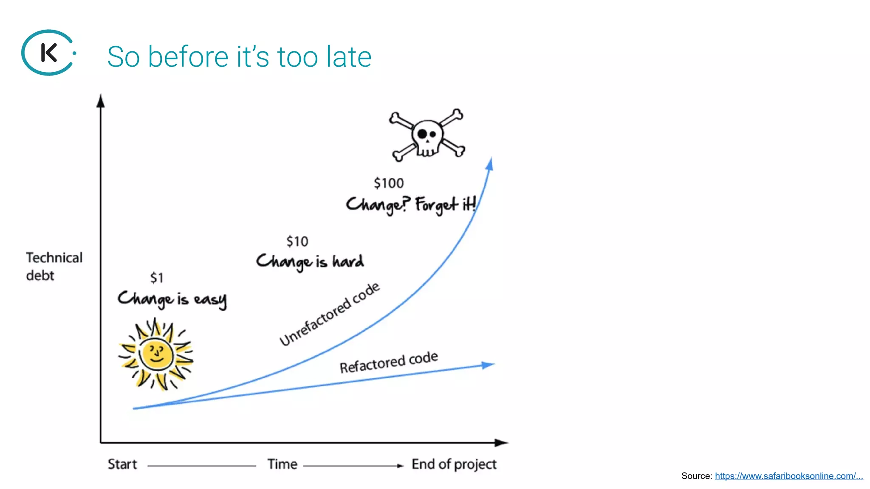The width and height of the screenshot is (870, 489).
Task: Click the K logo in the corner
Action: (48, 53)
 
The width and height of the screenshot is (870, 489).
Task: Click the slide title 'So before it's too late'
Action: (239, 56)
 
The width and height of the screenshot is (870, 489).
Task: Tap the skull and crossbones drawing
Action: (427, 135)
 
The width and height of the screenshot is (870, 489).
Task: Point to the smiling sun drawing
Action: (156, 355)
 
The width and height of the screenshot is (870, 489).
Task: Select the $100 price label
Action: (388, 183)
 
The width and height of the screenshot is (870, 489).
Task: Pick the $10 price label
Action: (297, 242)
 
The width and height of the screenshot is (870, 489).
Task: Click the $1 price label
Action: (156, 278)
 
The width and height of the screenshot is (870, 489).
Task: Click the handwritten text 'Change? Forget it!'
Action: (410, 205)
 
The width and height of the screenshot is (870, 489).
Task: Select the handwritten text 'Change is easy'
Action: (172, 299)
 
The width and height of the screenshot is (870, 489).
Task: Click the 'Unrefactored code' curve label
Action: (330, 314)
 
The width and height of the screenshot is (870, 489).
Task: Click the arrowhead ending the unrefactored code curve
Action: (490, 164)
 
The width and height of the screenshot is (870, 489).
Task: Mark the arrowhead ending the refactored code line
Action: (488, 365)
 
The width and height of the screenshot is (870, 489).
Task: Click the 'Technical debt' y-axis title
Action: (54, 267)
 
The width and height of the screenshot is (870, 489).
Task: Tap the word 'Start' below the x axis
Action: (122, 464)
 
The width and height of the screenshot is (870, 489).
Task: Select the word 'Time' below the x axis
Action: (282, 464)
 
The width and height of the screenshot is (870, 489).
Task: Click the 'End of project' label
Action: (454, 464)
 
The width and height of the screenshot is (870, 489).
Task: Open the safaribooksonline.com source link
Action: (788, 476)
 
